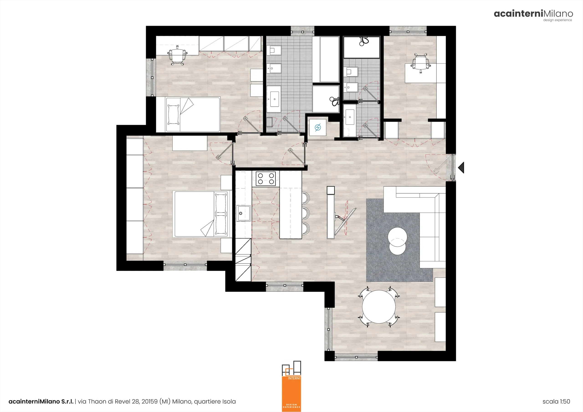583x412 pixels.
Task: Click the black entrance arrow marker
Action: pos(461,168)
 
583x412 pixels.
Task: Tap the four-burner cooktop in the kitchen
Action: pos(266,178)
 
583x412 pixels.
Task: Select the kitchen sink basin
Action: pos(243,213)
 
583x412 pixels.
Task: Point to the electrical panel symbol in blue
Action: pos(318,127)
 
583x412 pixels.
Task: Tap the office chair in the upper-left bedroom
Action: pos(177,55)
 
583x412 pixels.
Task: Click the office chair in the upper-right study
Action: pos(420,63)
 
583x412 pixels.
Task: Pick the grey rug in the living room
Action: pos(399,240)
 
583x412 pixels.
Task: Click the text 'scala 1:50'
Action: pos(556,401)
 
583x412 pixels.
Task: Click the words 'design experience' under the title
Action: pos(558,20)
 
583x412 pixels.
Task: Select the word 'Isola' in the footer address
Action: pos(229,401)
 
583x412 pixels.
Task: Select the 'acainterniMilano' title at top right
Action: pos(533,13)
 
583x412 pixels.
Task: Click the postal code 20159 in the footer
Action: pos(150,401)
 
